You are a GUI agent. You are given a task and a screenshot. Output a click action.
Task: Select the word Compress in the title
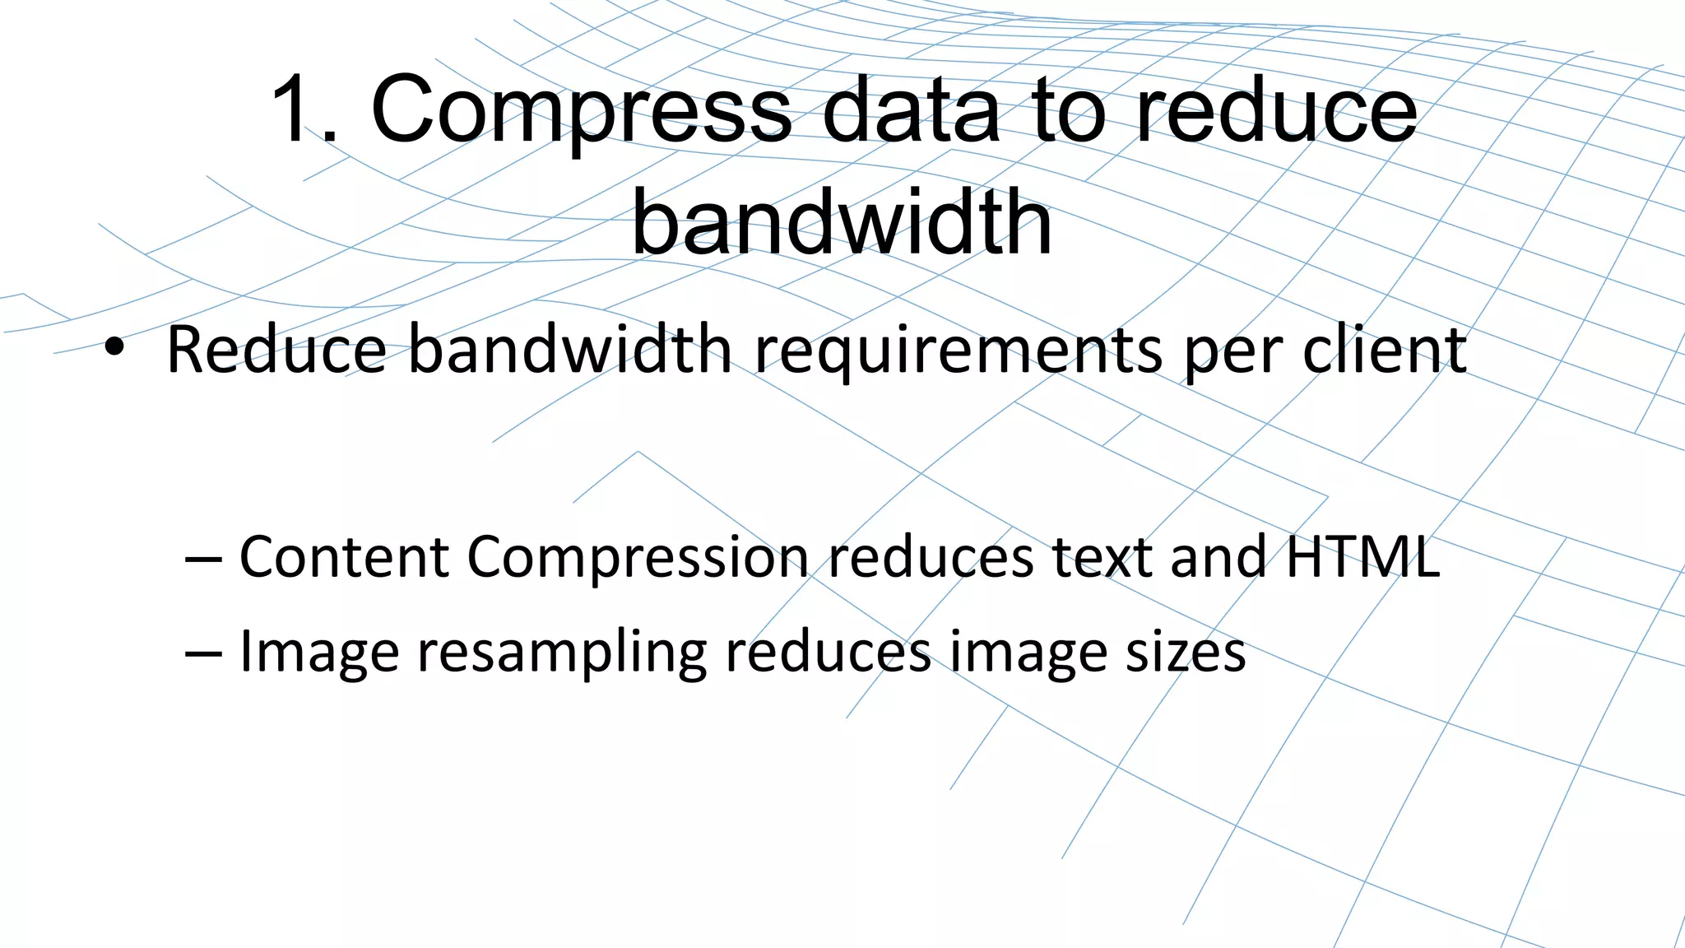point(581,111)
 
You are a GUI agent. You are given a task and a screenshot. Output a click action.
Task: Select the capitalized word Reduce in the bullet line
point(276,351)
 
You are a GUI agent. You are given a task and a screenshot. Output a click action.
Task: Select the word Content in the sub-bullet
point(344,557)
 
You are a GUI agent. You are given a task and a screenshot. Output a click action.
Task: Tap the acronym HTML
point(1362,557)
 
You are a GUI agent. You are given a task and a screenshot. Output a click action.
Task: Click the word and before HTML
point(1218,557)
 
